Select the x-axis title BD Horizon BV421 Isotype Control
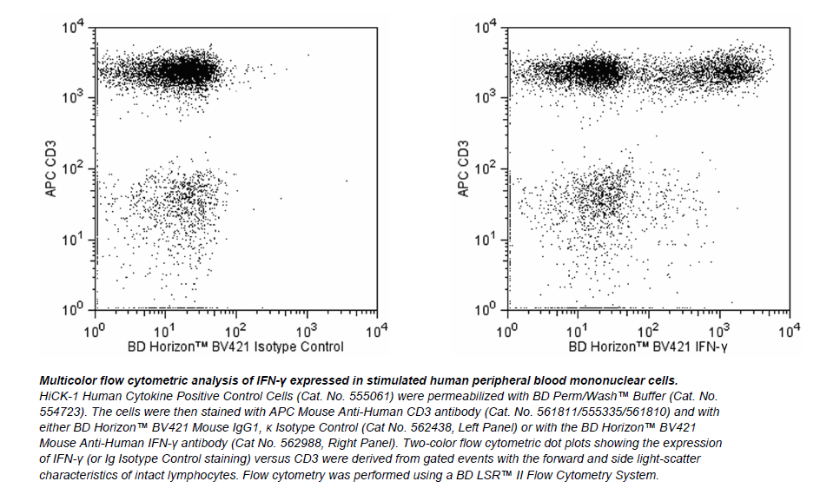[x=235, y=346]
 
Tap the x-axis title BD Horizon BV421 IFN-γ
[x=649, y=346]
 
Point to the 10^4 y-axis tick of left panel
[x=72, y=28]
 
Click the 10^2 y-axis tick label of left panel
[x=72, y=168]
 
